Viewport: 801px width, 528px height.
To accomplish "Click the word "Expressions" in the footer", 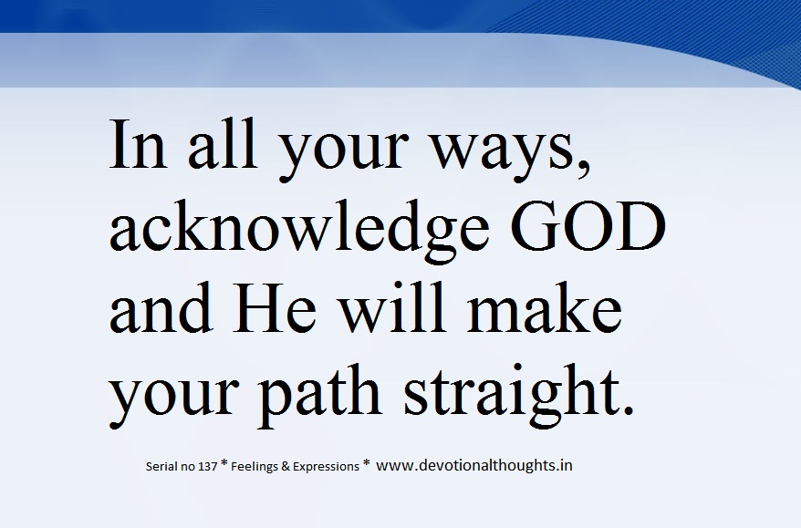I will tap(328, 467).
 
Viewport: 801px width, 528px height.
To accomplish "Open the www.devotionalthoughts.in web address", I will tap(473, 465).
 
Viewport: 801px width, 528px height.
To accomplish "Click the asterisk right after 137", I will tap(224, 464).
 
